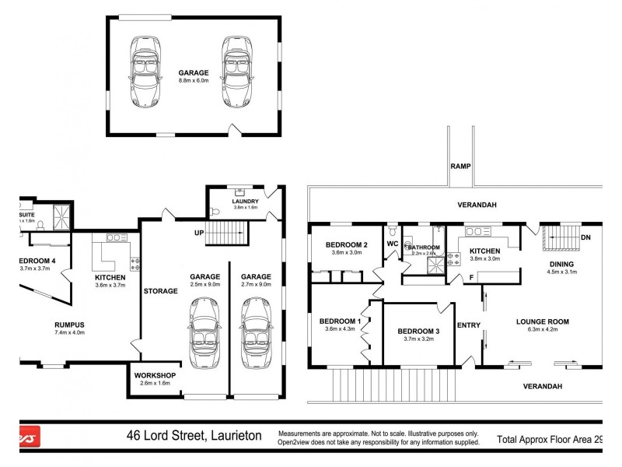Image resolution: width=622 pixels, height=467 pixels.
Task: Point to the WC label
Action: tap(392, 244)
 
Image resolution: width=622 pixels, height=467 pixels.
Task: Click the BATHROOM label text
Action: tap(425, 248)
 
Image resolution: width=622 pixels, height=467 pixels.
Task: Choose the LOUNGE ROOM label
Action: tap(543, 321)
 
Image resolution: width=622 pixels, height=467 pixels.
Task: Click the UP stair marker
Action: tap(198, 233)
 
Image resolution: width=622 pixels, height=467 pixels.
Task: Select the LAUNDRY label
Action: tap(235, 201)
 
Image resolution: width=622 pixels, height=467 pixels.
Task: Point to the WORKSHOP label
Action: tap(155, 375)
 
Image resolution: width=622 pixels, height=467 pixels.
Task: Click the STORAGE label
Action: tap(161, 291)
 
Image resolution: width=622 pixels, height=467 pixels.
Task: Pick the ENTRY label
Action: tap(469, 325)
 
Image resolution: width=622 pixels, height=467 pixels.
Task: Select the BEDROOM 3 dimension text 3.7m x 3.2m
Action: tap(418, 340)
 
